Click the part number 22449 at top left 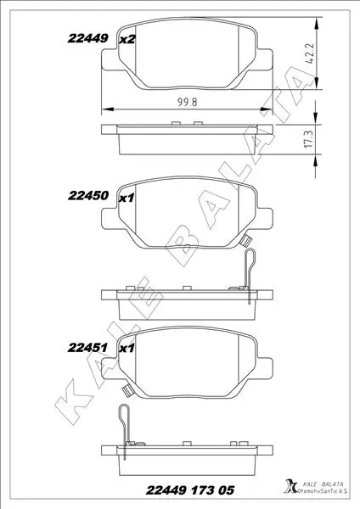[87, 39]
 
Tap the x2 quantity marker [127, 40]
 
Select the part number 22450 [88, 195]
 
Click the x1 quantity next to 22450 [126, 198]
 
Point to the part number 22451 [87, 348]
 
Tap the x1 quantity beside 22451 [127, 349]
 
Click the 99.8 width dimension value [187, 103]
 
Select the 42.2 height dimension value [310, 53]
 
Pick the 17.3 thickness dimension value [309, 139]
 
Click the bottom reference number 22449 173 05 [190, 490]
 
